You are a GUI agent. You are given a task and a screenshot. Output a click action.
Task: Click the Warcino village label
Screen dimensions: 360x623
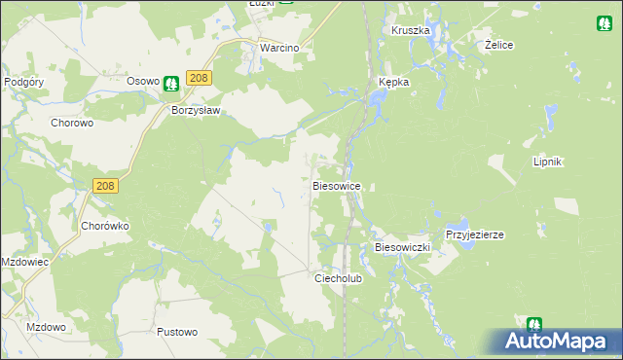point(277,47)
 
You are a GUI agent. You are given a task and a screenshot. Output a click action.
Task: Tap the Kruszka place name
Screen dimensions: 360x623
point(410,30)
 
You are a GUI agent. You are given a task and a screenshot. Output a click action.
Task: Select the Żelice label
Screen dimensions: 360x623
point(498,46)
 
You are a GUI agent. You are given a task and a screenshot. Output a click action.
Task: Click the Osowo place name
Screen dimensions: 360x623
point(143,83)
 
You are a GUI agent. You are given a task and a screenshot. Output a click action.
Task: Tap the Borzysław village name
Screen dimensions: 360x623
point(197,111)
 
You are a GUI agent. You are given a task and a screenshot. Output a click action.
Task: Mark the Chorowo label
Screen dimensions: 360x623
point(71,124)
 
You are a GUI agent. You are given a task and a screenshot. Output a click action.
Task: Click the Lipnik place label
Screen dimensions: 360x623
point(548,162)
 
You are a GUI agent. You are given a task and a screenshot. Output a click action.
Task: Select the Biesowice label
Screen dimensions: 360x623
point(338,185)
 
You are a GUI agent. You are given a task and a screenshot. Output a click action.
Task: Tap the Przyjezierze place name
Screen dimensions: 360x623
point(474,235)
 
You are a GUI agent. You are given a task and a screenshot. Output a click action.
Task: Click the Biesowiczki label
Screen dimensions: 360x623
point(402,248)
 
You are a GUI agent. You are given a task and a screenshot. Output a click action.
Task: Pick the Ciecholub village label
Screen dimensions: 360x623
point(338,277)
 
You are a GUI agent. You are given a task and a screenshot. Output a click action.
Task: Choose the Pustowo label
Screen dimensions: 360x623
point(177,332)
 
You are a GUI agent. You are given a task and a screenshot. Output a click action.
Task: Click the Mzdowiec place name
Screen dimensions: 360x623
point(25,263)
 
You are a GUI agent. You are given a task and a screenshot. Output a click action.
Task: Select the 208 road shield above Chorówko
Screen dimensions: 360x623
point(107,185)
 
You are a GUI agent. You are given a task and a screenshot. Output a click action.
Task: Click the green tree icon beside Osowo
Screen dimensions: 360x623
point(171,84)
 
